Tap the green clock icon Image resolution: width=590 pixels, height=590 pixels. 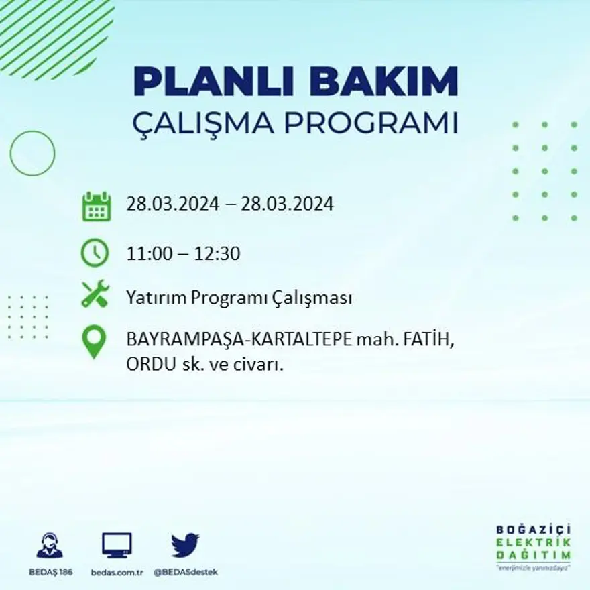point(95,253)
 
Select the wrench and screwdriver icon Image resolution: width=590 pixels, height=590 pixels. point(95,294)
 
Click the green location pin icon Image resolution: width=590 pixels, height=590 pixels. point(95,341)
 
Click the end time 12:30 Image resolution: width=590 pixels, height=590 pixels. point(217,254)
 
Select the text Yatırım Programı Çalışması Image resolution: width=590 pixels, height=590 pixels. point(239,298)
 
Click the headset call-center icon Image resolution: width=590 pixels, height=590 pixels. point(50,545)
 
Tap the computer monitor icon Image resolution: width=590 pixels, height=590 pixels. point(117,545)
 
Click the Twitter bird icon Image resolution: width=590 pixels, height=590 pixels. point(185,545)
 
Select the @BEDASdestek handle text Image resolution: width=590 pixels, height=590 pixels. point(186,572)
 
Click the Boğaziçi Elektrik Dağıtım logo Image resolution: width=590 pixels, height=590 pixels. point(534,546)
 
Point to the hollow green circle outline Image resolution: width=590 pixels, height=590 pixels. point(32,154)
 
